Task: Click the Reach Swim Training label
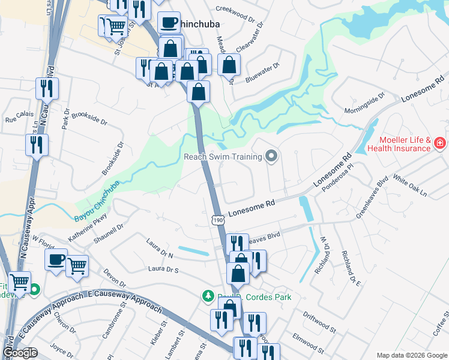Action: coord(223,157)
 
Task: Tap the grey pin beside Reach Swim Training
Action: coord(271,157)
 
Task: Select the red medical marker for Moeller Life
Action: coord(439,143)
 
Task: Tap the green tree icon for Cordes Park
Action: coord(208,296)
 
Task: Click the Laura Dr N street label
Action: coord(159,249)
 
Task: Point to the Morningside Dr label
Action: coord(364,104)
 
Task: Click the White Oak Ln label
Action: coord(410,185)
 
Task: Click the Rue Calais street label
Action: coord(19,119)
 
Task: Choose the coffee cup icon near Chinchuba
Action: coord(169,23)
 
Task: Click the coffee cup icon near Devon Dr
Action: coord(57,260)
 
